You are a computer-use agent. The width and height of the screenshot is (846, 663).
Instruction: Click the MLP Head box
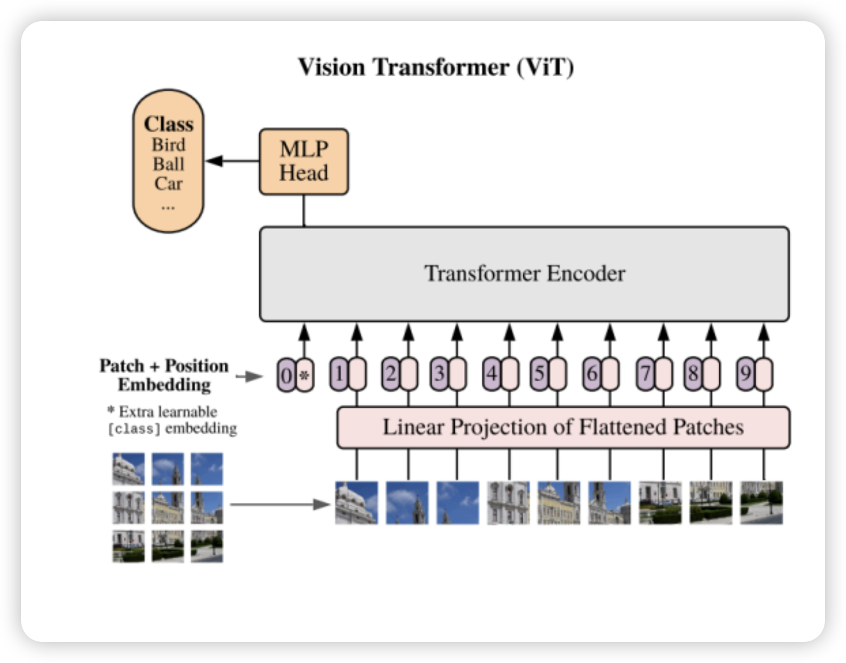(x=303, y=161)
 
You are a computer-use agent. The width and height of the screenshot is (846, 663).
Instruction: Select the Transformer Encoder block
(x=524, y=274)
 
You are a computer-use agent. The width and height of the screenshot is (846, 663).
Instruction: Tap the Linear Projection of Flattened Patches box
(x=563, y=427)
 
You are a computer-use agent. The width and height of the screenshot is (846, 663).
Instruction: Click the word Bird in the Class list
(x=168, y=145)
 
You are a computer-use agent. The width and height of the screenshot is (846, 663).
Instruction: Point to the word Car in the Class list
(x=168, y=184)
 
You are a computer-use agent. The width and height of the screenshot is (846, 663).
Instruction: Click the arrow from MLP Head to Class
(x=232, y=161)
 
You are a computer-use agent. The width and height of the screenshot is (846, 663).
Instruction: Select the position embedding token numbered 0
(x=286, y=375)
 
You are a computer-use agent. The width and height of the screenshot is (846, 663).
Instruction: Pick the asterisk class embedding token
(x=304, y=375)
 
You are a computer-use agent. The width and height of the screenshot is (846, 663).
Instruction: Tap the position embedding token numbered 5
(x=539, y=374)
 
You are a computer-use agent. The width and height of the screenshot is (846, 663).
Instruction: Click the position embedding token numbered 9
(x=746, y=374)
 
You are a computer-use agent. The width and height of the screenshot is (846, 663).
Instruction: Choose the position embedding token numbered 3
(x=439, y=374)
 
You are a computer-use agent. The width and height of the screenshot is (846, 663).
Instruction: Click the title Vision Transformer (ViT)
(x=435, y=67)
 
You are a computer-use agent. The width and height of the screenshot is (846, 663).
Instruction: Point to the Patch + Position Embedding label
(x=164, y=375)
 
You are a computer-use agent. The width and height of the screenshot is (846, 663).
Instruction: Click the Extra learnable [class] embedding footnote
(x=171, y=420)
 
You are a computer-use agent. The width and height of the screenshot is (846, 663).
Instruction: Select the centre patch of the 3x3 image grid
(x=168, y=508)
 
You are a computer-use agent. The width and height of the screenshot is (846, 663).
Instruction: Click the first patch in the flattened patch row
(x=356, y=503)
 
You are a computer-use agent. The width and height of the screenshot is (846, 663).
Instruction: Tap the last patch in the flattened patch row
(x=762, y=503)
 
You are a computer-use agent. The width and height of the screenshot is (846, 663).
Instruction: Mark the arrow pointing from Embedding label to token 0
(x=250, y=376)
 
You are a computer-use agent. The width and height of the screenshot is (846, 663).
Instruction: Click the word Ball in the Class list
(x=168, y=164)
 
